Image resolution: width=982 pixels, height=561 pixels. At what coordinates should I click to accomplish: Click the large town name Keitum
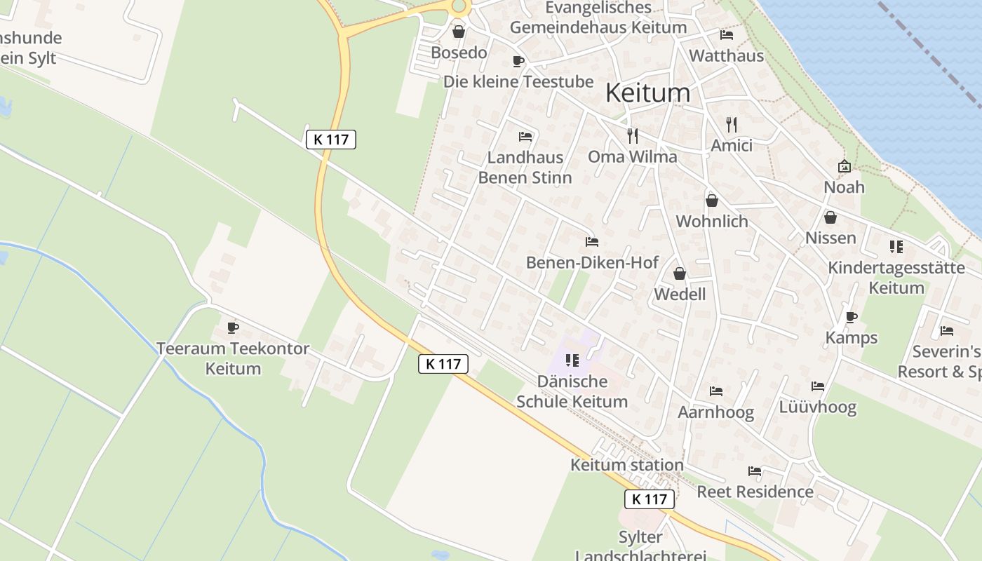pyautogui.click(x=647, y=93)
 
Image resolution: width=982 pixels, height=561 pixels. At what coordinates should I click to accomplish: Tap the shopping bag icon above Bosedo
pyautogui.click(x=459, y=32)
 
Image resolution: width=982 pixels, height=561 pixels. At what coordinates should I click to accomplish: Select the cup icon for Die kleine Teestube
pyautogui.click(x=518, y=61)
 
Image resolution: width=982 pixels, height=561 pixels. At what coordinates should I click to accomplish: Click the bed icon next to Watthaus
pyautogui.click(x=727, y=34)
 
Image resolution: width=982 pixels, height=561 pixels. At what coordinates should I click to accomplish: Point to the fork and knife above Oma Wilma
pyautogui.click(x=633, y=135)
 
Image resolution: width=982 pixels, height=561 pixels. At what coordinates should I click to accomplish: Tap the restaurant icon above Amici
pyautogui.click(x=732, y=124)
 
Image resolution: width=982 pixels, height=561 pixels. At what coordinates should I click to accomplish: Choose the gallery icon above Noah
pyautogui.click(x=845, y=166)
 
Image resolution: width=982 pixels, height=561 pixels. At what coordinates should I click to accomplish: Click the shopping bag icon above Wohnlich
pyautogui.click(x=712, y=201)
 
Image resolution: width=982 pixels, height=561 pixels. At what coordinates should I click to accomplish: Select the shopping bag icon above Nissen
pyautogui.click(x=830, y=217)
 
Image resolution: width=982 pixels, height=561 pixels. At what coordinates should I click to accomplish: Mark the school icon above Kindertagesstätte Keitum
pyautogui.click(x=896, y=247)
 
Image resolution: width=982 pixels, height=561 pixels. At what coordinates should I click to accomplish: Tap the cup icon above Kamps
pyautogui.click(x=852, y=317)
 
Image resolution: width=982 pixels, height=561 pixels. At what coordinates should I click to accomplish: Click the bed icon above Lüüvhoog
pyautogui.click(x=818, y=386)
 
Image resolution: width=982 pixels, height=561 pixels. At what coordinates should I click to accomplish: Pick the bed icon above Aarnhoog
pyautogui.click(x=715, y=391)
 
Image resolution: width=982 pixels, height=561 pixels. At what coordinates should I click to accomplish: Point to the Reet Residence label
pyautogui.click(x=755, y=492)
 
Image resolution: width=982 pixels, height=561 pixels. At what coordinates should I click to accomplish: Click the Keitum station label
pyautogui.click(x=626, y=465)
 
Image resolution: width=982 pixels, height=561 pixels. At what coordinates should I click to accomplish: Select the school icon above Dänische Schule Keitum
pyautogui.click(x=572, y=360)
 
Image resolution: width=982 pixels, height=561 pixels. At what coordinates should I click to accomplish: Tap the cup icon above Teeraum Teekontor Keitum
pyautogui.click(x=233, y=327)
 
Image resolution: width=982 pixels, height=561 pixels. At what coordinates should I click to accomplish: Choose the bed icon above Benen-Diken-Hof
pyautogui.click(x=592, y=242)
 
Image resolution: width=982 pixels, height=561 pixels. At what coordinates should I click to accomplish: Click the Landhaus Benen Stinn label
pyautogui.click(x=525, y=168)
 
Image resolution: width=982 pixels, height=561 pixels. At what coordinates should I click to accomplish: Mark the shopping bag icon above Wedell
pyautogui.click(x=680, y=273)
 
